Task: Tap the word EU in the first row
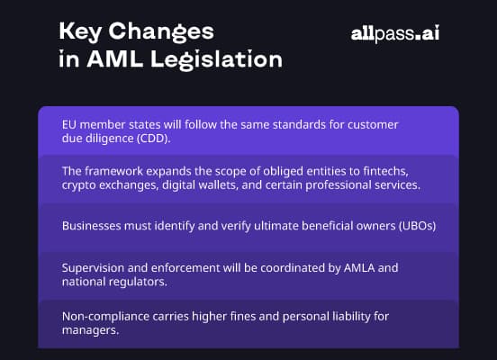tap(70, 124)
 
